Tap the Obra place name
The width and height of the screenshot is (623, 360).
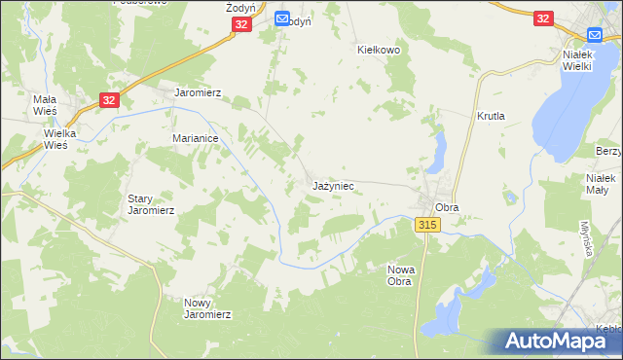coord(447,207)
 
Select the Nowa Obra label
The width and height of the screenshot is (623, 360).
coord(400,274)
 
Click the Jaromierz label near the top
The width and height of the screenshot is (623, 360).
coord(198,93)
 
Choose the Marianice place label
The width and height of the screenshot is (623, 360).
coord(201,138)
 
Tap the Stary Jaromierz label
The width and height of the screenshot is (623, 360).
coord(151,203)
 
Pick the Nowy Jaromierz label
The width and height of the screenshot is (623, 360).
coord(207,308)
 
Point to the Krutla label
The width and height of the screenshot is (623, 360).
coord(491,115)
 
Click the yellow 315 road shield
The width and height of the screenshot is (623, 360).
coord(427,225)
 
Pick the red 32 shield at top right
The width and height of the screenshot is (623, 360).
coord(543,18)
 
